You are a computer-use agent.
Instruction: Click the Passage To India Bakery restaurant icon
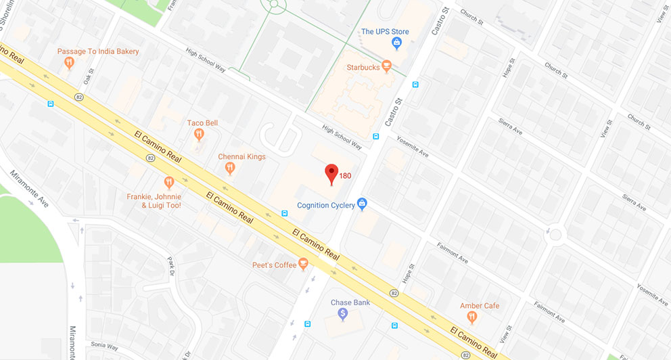pos(68,63)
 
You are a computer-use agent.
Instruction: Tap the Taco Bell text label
pos(202,123)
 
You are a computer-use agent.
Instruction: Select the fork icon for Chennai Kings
pos(230,168)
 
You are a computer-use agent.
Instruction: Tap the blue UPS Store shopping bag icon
pos(398,44)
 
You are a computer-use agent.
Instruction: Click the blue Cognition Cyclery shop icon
pos(362,204)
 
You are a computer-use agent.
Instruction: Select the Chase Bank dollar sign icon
pos(343,314)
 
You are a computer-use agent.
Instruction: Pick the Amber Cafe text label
pos(480,306)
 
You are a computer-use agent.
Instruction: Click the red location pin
pos(331,173)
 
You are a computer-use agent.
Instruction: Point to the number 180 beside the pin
pos(345,176)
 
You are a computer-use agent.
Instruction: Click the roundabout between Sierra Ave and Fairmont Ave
pos(555,235)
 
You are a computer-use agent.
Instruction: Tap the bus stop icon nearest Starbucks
pos(415,85)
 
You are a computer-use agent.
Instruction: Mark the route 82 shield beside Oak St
pos(80,97)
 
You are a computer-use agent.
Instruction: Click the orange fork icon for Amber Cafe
pos(472,317)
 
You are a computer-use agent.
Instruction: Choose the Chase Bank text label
pos(350,302)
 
